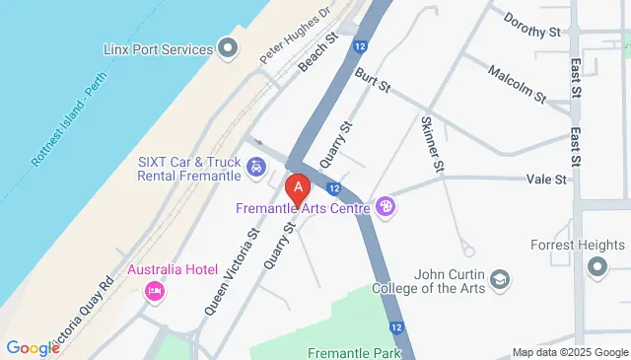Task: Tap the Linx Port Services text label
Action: [x=158, y=49]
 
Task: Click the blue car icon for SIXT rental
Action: [x=256, y=167]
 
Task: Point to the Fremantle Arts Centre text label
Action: [x=303, y=208]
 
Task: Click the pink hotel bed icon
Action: [x=154, y=291]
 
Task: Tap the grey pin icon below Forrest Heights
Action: [x=596, y=266]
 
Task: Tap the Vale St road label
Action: [x=546, y=180]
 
